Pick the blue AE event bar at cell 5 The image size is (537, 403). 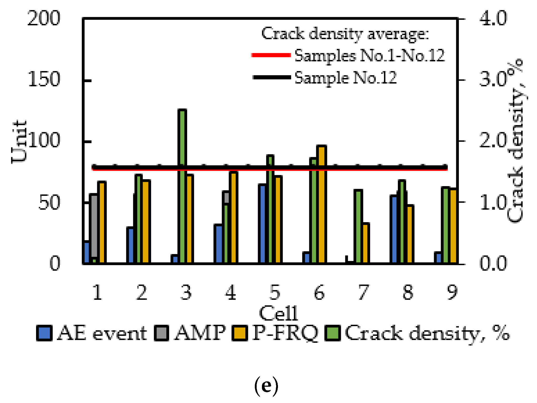point(262,224)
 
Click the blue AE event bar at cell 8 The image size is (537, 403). point(394,229)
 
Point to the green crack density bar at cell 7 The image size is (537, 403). point(358,226)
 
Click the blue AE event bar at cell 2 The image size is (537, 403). point(130,245)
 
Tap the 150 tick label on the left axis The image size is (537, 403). point(44,80)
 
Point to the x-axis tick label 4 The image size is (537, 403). point(231,292)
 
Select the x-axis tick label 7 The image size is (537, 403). point(364,292)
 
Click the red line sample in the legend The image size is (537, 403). point(271,55)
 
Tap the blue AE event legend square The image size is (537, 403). point(44,333)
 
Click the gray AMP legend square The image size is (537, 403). point(161,333)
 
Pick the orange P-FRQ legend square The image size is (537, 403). point(240,333)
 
